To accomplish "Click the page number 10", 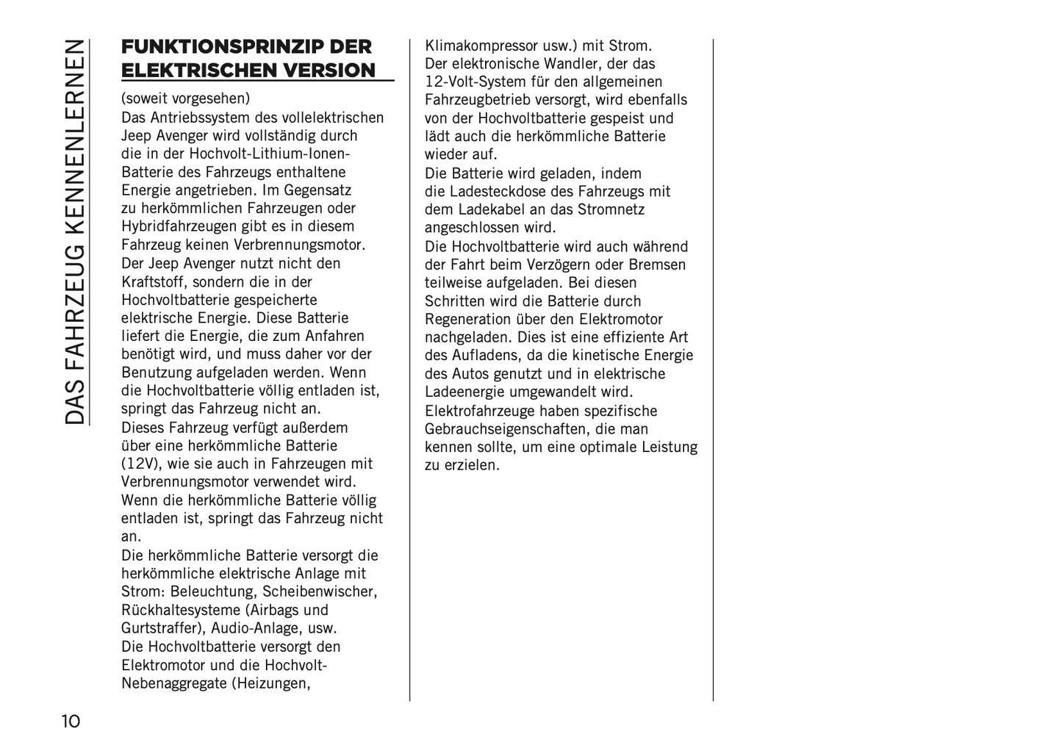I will click(x=71, y=721).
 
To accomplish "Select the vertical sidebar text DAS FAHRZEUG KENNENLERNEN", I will click(x=74, y=231).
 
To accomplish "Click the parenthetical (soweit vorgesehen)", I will click(x=185, y=98).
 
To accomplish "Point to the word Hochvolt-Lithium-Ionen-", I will click(x=270, y=154).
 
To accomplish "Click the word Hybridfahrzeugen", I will click(x=175, y=226).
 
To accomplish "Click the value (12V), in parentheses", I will click(x=143, y=464).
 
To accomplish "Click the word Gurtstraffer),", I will click(x=164, y=628).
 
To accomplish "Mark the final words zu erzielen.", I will click(x=462, y=465).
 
